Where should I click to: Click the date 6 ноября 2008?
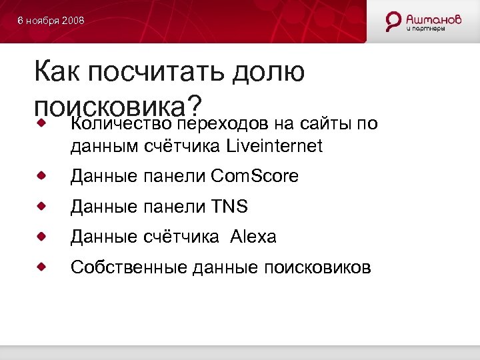click(51, 21)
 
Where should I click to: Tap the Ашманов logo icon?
click(393, 21)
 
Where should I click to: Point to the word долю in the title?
click(269, 73)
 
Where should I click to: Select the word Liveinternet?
click(275, 145)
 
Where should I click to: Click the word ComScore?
click(255, 176)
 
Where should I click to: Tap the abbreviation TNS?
click(229, 207)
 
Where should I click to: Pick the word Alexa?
click(253, 237)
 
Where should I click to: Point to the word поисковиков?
click(317, 267)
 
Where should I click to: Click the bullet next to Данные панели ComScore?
click(41, 176)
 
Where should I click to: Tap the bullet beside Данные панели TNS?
click(41, 207)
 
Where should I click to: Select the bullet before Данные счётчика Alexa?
click(41, 237)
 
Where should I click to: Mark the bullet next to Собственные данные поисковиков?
click(41, 267)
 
